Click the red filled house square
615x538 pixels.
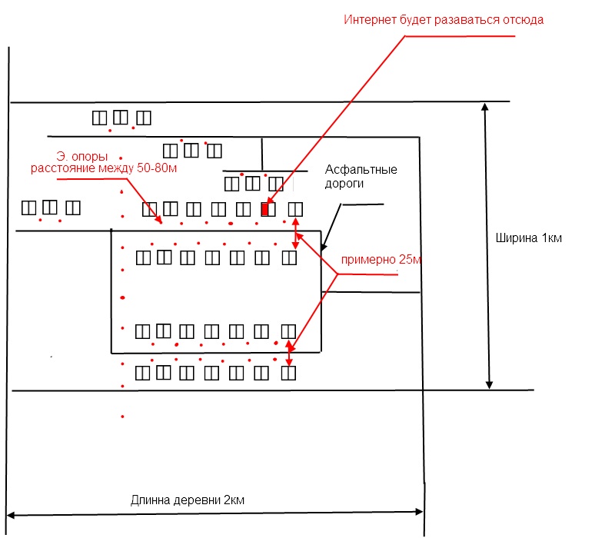click(266, 208)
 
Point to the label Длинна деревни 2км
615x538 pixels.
click(188, 500)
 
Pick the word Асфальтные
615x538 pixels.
click(361, 169)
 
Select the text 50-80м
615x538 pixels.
click(157, 168)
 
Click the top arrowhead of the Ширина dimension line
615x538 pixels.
click(485, 107)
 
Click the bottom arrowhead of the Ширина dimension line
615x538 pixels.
click(489, 384)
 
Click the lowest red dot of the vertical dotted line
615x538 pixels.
click(122, 417)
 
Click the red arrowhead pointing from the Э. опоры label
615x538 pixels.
click(159, 222)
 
